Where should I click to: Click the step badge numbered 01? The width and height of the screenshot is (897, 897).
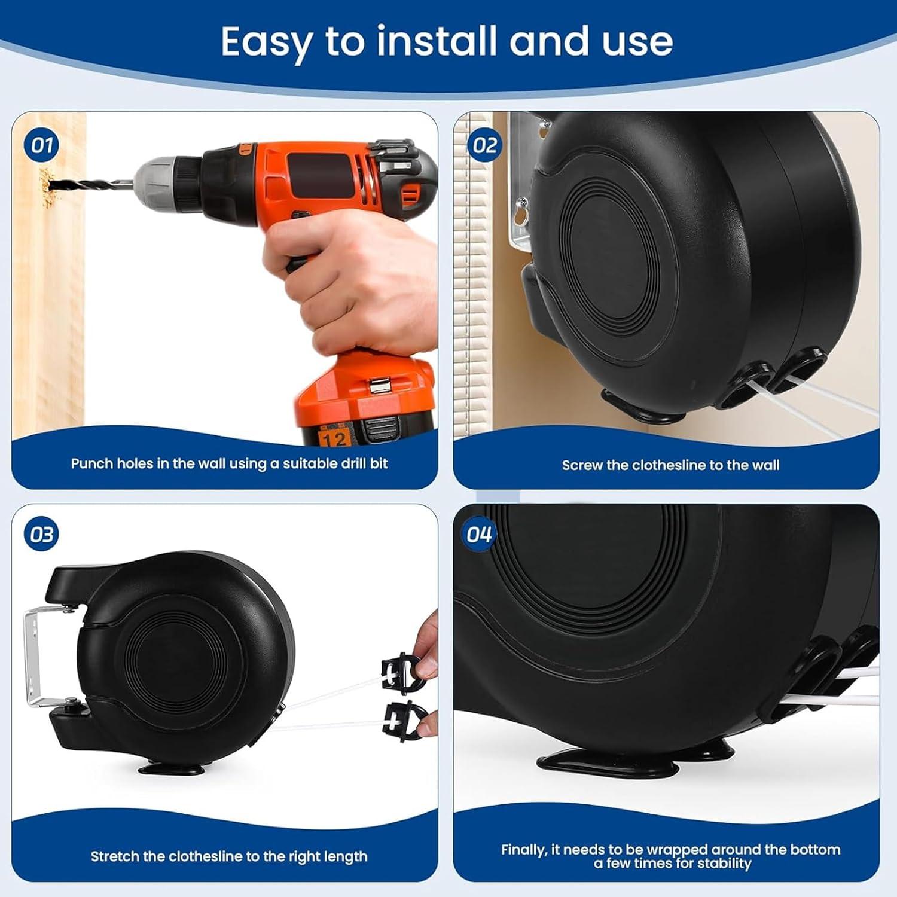(42, 145)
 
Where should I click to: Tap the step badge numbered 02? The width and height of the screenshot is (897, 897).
(485, 145)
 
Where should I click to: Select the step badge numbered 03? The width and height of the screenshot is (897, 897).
(42, 535)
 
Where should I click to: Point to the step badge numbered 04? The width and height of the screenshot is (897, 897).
(479, 535)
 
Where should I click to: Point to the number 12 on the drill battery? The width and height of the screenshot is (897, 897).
(334, 440)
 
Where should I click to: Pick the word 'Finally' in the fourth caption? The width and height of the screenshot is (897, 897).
(524, 850)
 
